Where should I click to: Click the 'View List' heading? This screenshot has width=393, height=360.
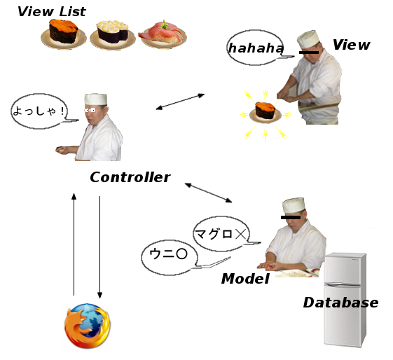tap(52, 11)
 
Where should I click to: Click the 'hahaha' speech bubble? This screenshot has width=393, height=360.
tap(256, 48)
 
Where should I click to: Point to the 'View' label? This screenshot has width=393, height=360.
tap(352, 45)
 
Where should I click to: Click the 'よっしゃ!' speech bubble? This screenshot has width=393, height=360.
tap(40, 111)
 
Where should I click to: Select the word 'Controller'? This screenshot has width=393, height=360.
tap(130, 177)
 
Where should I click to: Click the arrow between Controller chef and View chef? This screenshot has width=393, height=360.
tap(180, 102)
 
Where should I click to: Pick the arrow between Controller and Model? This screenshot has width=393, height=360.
tap(208, 193)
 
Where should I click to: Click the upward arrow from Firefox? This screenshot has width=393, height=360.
tap(74, 244)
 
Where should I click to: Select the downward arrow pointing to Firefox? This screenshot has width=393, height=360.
tap(99, 247)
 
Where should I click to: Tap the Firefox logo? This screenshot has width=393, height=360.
tap(88, 326)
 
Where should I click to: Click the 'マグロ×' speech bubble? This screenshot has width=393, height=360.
tap(221, 234)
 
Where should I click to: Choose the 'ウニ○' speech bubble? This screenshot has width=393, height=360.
tap(170, 258)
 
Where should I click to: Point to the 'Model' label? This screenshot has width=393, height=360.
tap(245, 279)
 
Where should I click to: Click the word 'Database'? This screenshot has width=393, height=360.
tap(341, 303)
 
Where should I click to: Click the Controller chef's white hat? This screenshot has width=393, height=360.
tap(96, 99)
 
